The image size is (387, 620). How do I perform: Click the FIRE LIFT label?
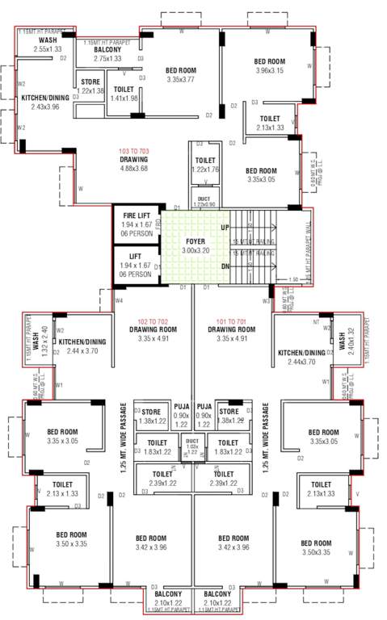coord(137,216)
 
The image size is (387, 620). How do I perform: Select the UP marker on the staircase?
coord(225,228)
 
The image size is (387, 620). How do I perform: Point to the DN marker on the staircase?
coord(225,266)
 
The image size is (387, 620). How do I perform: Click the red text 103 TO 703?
coord(135,151)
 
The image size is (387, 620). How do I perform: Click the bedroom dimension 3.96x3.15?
coord(269,70)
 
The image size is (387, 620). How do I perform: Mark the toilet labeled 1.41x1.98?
coord(124,98)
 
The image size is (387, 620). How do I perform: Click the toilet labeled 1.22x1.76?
coord(205,170)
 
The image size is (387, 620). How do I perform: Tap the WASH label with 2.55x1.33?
coord(48,48)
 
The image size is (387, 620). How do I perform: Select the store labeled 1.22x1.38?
coord(90,91)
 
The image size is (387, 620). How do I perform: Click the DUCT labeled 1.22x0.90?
coord(204,205)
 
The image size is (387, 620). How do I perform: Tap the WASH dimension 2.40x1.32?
coord(352,332)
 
